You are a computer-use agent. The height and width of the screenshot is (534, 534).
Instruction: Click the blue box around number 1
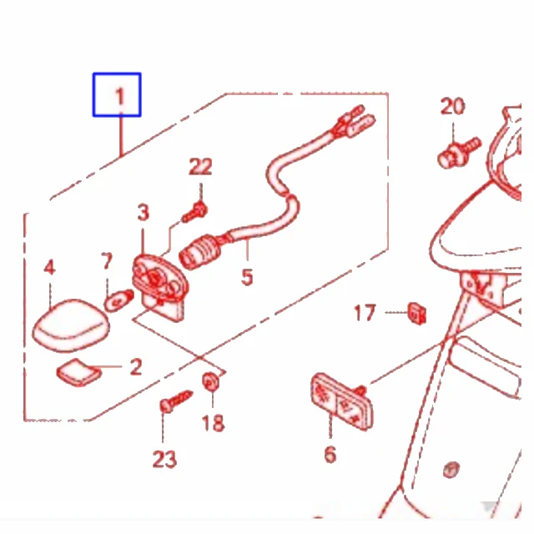coord(117,73)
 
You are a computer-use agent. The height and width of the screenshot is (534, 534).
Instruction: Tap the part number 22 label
coord(200,167)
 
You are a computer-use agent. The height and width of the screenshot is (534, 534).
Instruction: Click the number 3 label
coord(143,212)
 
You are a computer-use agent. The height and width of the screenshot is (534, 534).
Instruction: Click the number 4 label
coord(49,267)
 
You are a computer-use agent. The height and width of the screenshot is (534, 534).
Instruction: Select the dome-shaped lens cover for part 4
coord(71,325)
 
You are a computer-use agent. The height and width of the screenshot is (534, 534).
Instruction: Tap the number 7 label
coord(107,261)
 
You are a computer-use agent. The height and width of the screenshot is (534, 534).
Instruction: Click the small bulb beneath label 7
coord(118,300)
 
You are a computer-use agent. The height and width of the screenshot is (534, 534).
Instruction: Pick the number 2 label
coord(136,367)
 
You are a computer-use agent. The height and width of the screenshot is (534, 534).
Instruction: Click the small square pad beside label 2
coord(79,373)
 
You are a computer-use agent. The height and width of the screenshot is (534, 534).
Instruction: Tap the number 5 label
coord(247,277)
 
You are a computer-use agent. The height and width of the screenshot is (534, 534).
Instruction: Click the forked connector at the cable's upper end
coord(354,122)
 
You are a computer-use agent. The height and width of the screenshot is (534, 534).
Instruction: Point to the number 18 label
coord(214,423)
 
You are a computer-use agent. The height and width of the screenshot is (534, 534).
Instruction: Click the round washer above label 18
coord(211,382)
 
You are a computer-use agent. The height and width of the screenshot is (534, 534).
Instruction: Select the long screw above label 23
coord(176,400)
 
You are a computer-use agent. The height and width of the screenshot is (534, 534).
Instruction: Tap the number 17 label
coord(365,313)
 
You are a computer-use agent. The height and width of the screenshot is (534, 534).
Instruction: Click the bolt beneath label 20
coord(458,153)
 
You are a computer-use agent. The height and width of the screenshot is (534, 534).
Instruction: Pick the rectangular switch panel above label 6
coord(341,402)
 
